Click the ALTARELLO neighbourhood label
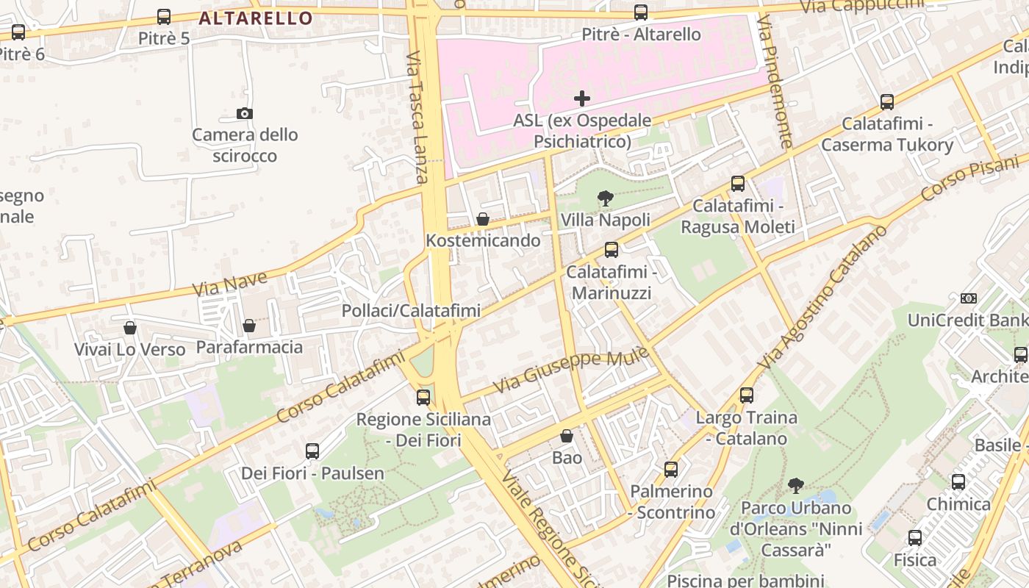[x=256, y=18]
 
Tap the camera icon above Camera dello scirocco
[x=245, y=113]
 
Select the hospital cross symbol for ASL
[x=582, y=98]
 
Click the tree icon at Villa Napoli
[x=606, y=198]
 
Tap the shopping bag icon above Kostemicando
[x=483, y=219]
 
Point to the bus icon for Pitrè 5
[x=164, y=16]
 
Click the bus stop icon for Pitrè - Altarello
[x=641, y=12]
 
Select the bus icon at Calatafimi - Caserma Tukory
[x=887, y=102]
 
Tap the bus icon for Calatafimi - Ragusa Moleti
[x=738, y=184]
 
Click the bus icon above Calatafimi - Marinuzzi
[x=612, y=250]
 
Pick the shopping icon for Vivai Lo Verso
[x=130, y=327]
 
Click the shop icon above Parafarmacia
[x=249, y=325]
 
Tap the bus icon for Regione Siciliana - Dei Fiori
[x=423, y=398]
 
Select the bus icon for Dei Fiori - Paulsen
[x=312, y=451]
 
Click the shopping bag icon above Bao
[x=567, y=436]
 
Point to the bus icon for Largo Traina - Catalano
[x=747, y=395]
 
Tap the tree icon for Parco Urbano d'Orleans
[x=795, y=486]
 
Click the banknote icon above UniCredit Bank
[x=969, y=298]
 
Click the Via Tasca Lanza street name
[x=417, y=117]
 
